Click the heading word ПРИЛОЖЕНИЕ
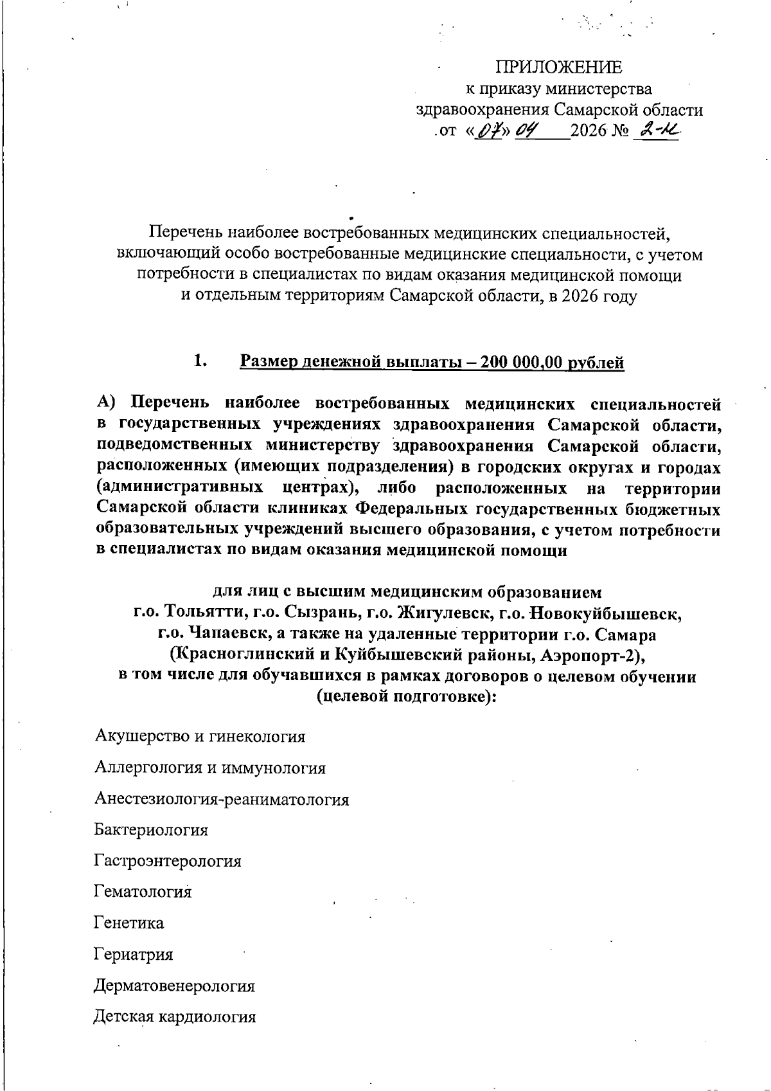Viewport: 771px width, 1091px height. (x=558, y=67)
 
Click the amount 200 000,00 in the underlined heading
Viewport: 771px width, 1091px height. (x=515, y=363)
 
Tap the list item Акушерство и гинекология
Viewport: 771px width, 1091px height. (x=200, y=736)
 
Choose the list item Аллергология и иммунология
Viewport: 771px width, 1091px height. (x=209, y=768)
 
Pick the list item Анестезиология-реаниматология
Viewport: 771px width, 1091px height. (x=222, y=799)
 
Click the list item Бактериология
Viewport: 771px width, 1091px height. (x=151, y=830)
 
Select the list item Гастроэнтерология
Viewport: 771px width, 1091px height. (x=168, y=861)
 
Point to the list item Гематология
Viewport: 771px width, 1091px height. (x=143, y=892)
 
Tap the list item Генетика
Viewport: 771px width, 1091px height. (x=128, y=923)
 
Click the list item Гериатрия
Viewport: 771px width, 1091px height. (x=133, y=955)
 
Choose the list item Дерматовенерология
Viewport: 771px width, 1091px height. (x=174, y=986)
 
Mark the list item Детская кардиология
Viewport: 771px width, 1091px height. (x=175, y=1017)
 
